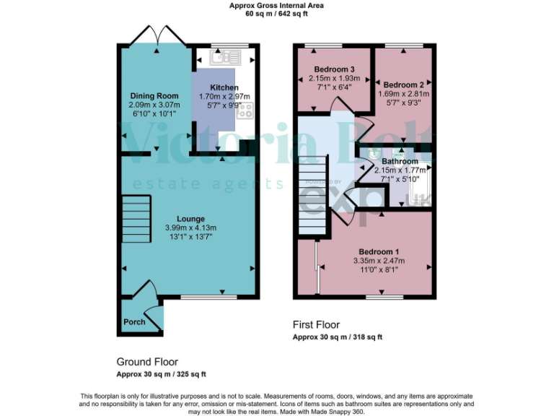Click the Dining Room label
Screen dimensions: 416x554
154,96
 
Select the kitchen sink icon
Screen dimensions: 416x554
225,56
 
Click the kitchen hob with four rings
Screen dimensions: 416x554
245,110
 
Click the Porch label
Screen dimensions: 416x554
134,322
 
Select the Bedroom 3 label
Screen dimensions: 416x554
322,69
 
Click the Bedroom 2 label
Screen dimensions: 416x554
404,84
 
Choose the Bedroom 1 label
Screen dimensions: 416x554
379,252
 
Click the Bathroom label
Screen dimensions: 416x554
400,161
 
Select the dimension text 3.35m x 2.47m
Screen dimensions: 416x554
379,261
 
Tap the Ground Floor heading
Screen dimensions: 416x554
147,362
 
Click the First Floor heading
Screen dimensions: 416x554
316,325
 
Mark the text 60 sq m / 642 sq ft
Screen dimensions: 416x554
276,13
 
